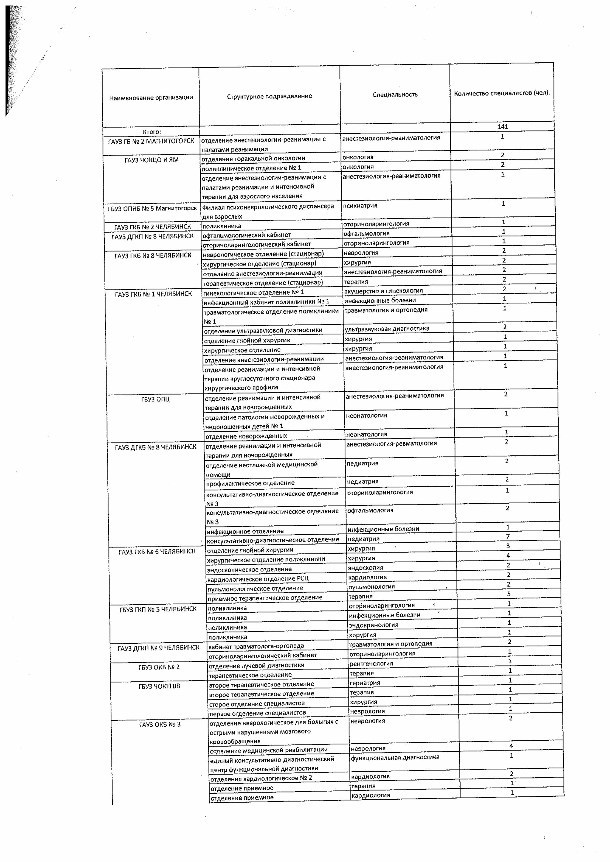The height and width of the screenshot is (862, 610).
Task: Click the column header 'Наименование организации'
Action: (x=151, y=98)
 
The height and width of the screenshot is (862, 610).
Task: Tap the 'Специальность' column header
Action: (x=395, y=95)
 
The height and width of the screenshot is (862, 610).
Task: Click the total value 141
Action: (x=503, y=127)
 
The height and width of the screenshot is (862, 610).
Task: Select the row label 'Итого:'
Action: (x=151, y=132)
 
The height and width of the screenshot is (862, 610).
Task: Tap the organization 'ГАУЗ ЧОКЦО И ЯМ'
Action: (x=152, y=160)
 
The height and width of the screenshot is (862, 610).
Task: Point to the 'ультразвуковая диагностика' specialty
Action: (x=387, y=328)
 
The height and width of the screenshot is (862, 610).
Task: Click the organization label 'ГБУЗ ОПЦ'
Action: (x=155, y=399)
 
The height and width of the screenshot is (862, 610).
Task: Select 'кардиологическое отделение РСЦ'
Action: (x=258, y=579)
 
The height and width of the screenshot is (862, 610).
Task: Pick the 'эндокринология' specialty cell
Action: (x=373, y=625)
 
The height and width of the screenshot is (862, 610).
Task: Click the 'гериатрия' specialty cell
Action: (x=365, y=682)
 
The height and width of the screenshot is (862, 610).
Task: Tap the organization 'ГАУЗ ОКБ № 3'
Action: (x=160, y=724)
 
